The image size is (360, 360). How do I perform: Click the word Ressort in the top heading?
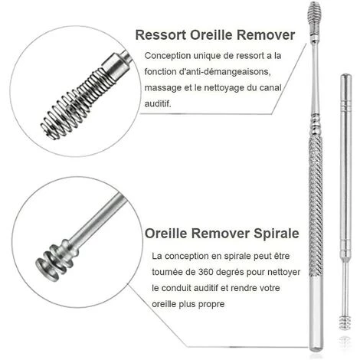(161, 35)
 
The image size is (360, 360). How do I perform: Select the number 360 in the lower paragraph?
(205, 272)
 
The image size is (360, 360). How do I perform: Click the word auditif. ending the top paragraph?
(158, 103)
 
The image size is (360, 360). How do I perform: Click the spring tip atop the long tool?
(314, 21)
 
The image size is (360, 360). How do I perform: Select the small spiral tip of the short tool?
(345, 322)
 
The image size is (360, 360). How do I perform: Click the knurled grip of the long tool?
(316, 205)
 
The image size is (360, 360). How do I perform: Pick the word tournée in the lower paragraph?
(167, 272)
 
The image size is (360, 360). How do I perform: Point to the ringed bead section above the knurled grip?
(316, 125)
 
